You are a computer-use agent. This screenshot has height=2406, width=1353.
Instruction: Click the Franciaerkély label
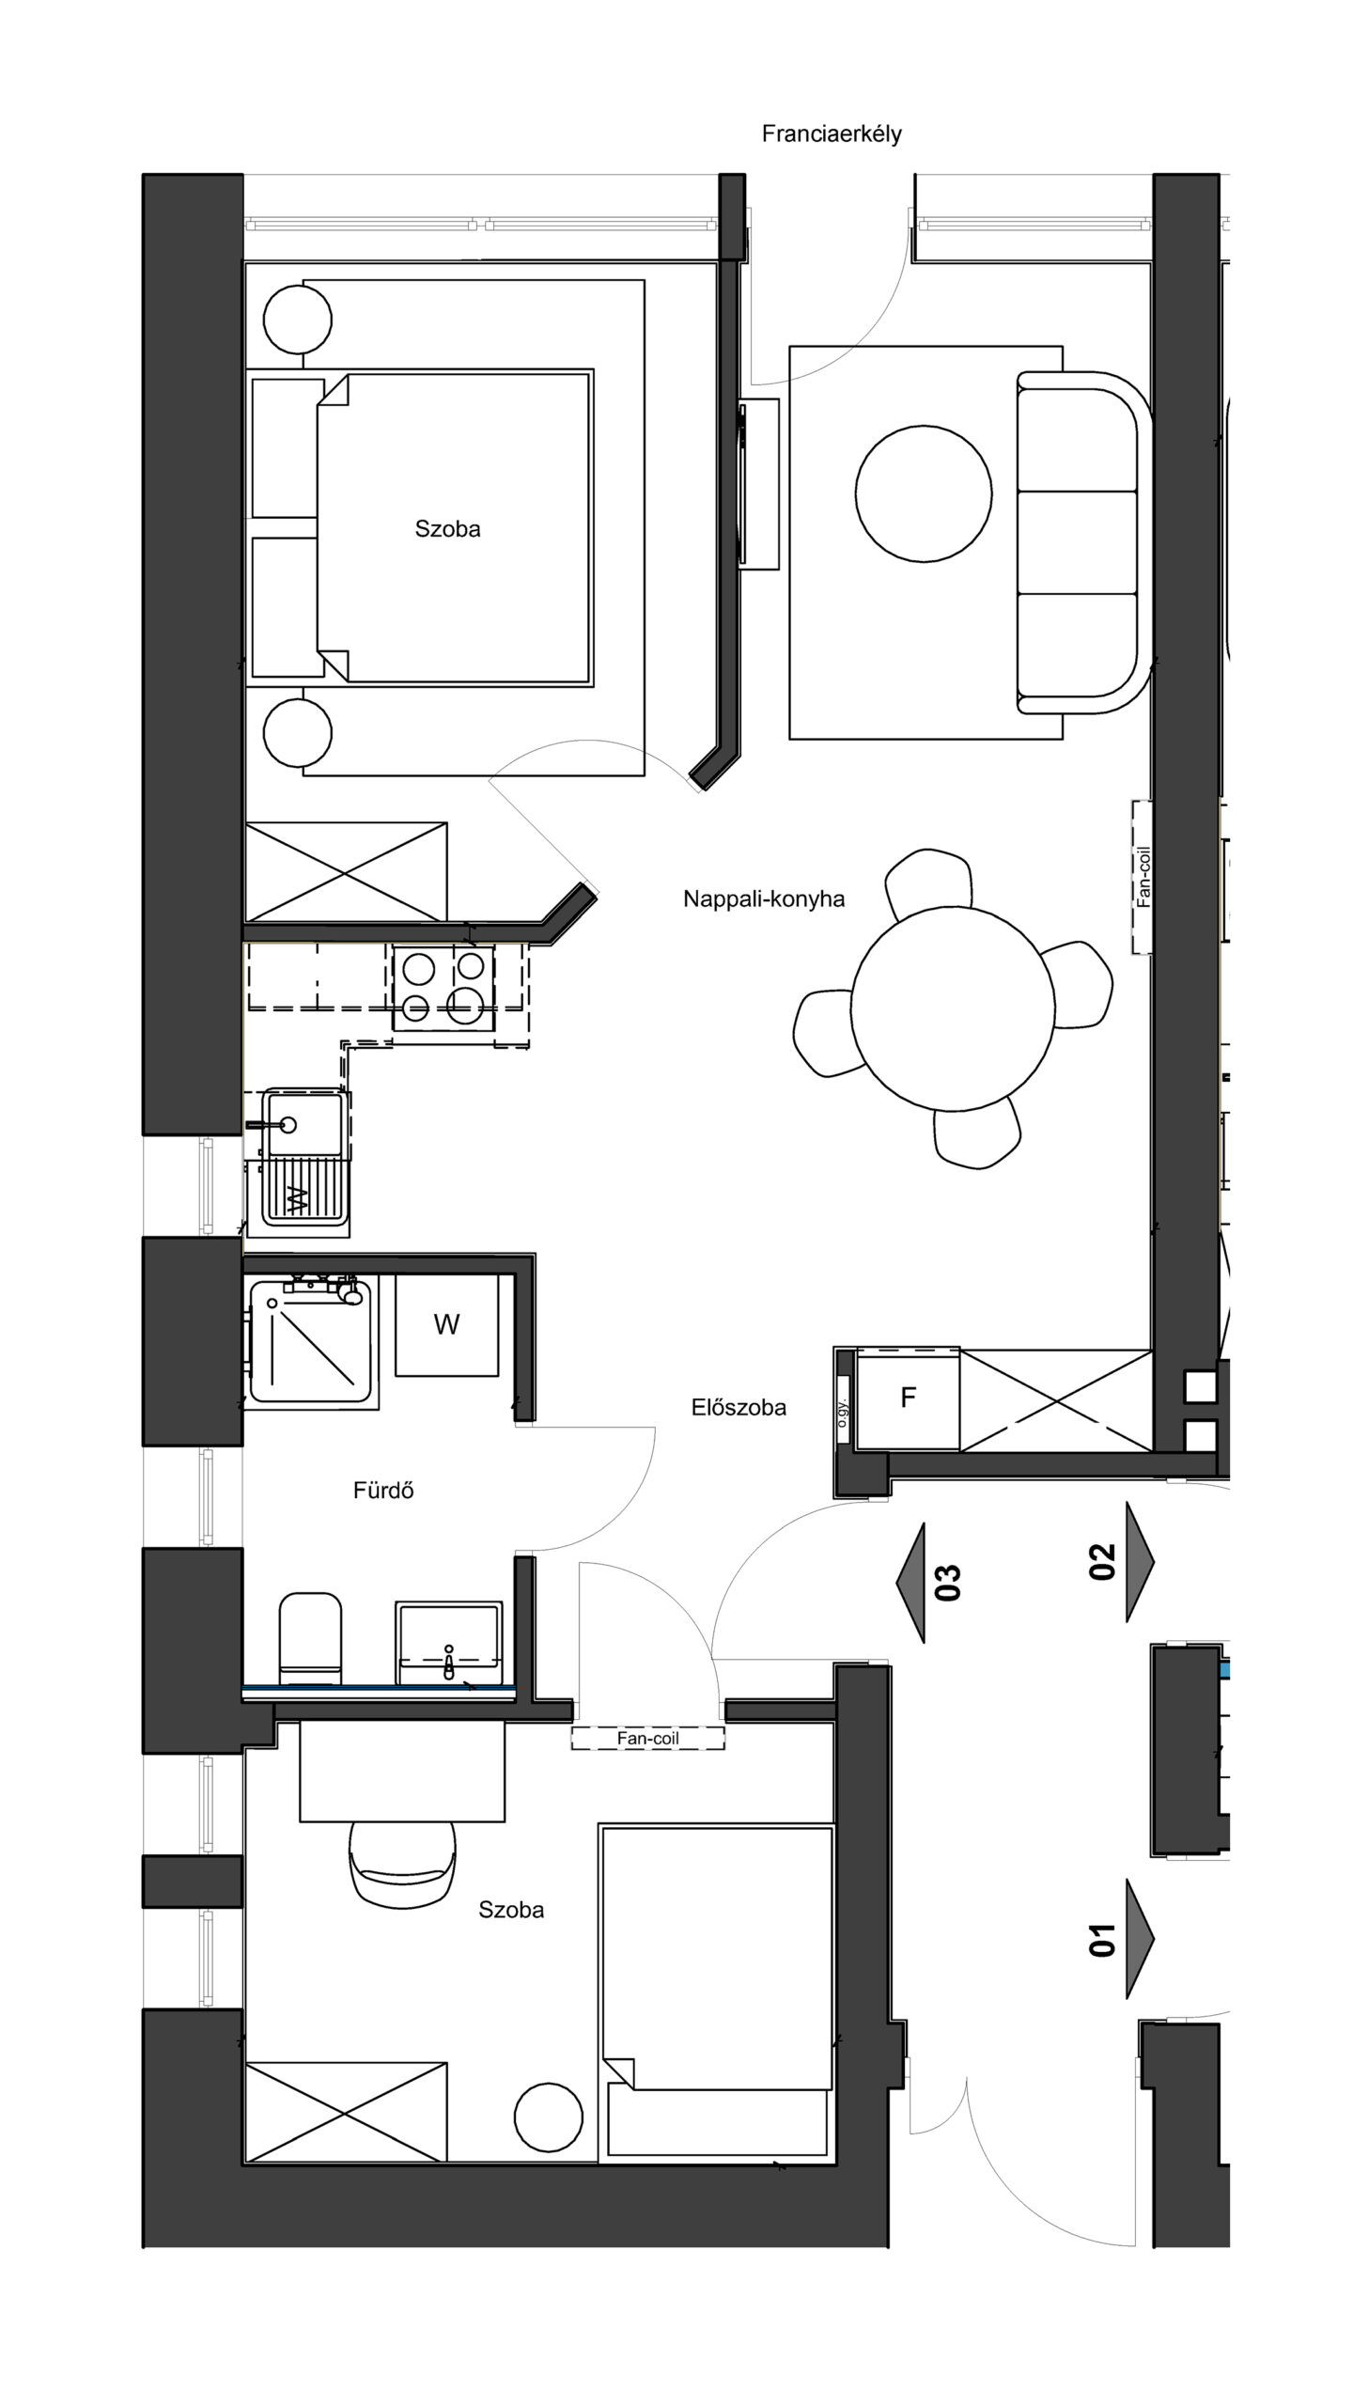pyautogui.click(x=832, y=134)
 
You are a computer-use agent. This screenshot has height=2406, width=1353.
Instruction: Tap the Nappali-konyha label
pyautogui.click(x=764, y=899)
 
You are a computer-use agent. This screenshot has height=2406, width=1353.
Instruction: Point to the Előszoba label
pyautogui.click(x=739, y=1408)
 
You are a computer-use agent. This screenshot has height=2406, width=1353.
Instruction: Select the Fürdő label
pyautogui.click(x=383, y=1491)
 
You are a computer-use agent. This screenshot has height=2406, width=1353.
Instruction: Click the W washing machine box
pyautogui.click(x=446, y=1325)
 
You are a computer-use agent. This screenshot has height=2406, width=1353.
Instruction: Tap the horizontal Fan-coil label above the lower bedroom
pyautogui.click(x=648, y=1739)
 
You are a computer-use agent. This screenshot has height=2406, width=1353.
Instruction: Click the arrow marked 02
pyautogui.click(x=1122, y=1562)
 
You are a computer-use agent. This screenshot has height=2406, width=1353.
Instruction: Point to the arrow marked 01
pyautogui.click(x=1122, y=1939)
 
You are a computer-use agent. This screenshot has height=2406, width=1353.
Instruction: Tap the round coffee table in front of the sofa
pyautogui.click(x=924, y=494)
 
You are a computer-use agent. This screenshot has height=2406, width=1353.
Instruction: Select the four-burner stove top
pyautogui.click(x=444, y=986)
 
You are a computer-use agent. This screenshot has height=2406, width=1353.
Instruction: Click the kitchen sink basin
pyautogui.click(x=303, y=1123)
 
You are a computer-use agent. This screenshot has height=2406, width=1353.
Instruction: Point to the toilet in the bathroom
pyautogui.click(x=310, y=1640)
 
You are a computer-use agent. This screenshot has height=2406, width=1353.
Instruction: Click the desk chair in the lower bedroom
pyautogui.click(x=402, y=1863)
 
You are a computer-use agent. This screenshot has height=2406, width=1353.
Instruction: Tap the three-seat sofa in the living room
pyautogui.click(x=1084, y=542)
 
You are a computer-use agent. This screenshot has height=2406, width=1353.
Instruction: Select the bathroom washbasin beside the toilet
pyautogui.click(x=449, y=1644)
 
